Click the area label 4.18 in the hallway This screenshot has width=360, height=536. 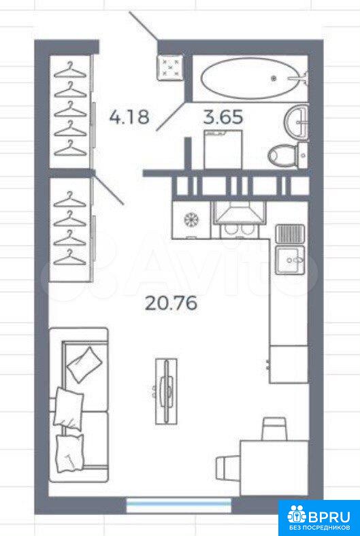tap(129, 116)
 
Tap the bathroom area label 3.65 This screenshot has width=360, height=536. tap(223, 116)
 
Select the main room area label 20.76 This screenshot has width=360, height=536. tap(171, 303)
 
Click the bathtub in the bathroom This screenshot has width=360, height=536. tap(252, 78)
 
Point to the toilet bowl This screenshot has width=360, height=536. tap(282, 157)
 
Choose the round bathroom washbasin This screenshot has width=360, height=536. tap(296, 120)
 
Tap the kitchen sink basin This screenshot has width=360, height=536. tap(291, 260)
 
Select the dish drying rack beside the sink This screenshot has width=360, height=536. tap(290, 234)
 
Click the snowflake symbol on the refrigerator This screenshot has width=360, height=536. tap(191, 219)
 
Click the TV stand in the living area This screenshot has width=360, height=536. tap(167, 391)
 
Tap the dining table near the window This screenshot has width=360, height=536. tap(274, 468)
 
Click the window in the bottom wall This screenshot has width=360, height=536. tap(179, 505)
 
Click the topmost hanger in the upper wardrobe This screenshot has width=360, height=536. tap(70, 71)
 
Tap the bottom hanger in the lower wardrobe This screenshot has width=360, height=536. tap(70, 257)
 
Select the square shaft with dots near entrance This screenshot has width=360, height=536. tap(169, 67)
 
